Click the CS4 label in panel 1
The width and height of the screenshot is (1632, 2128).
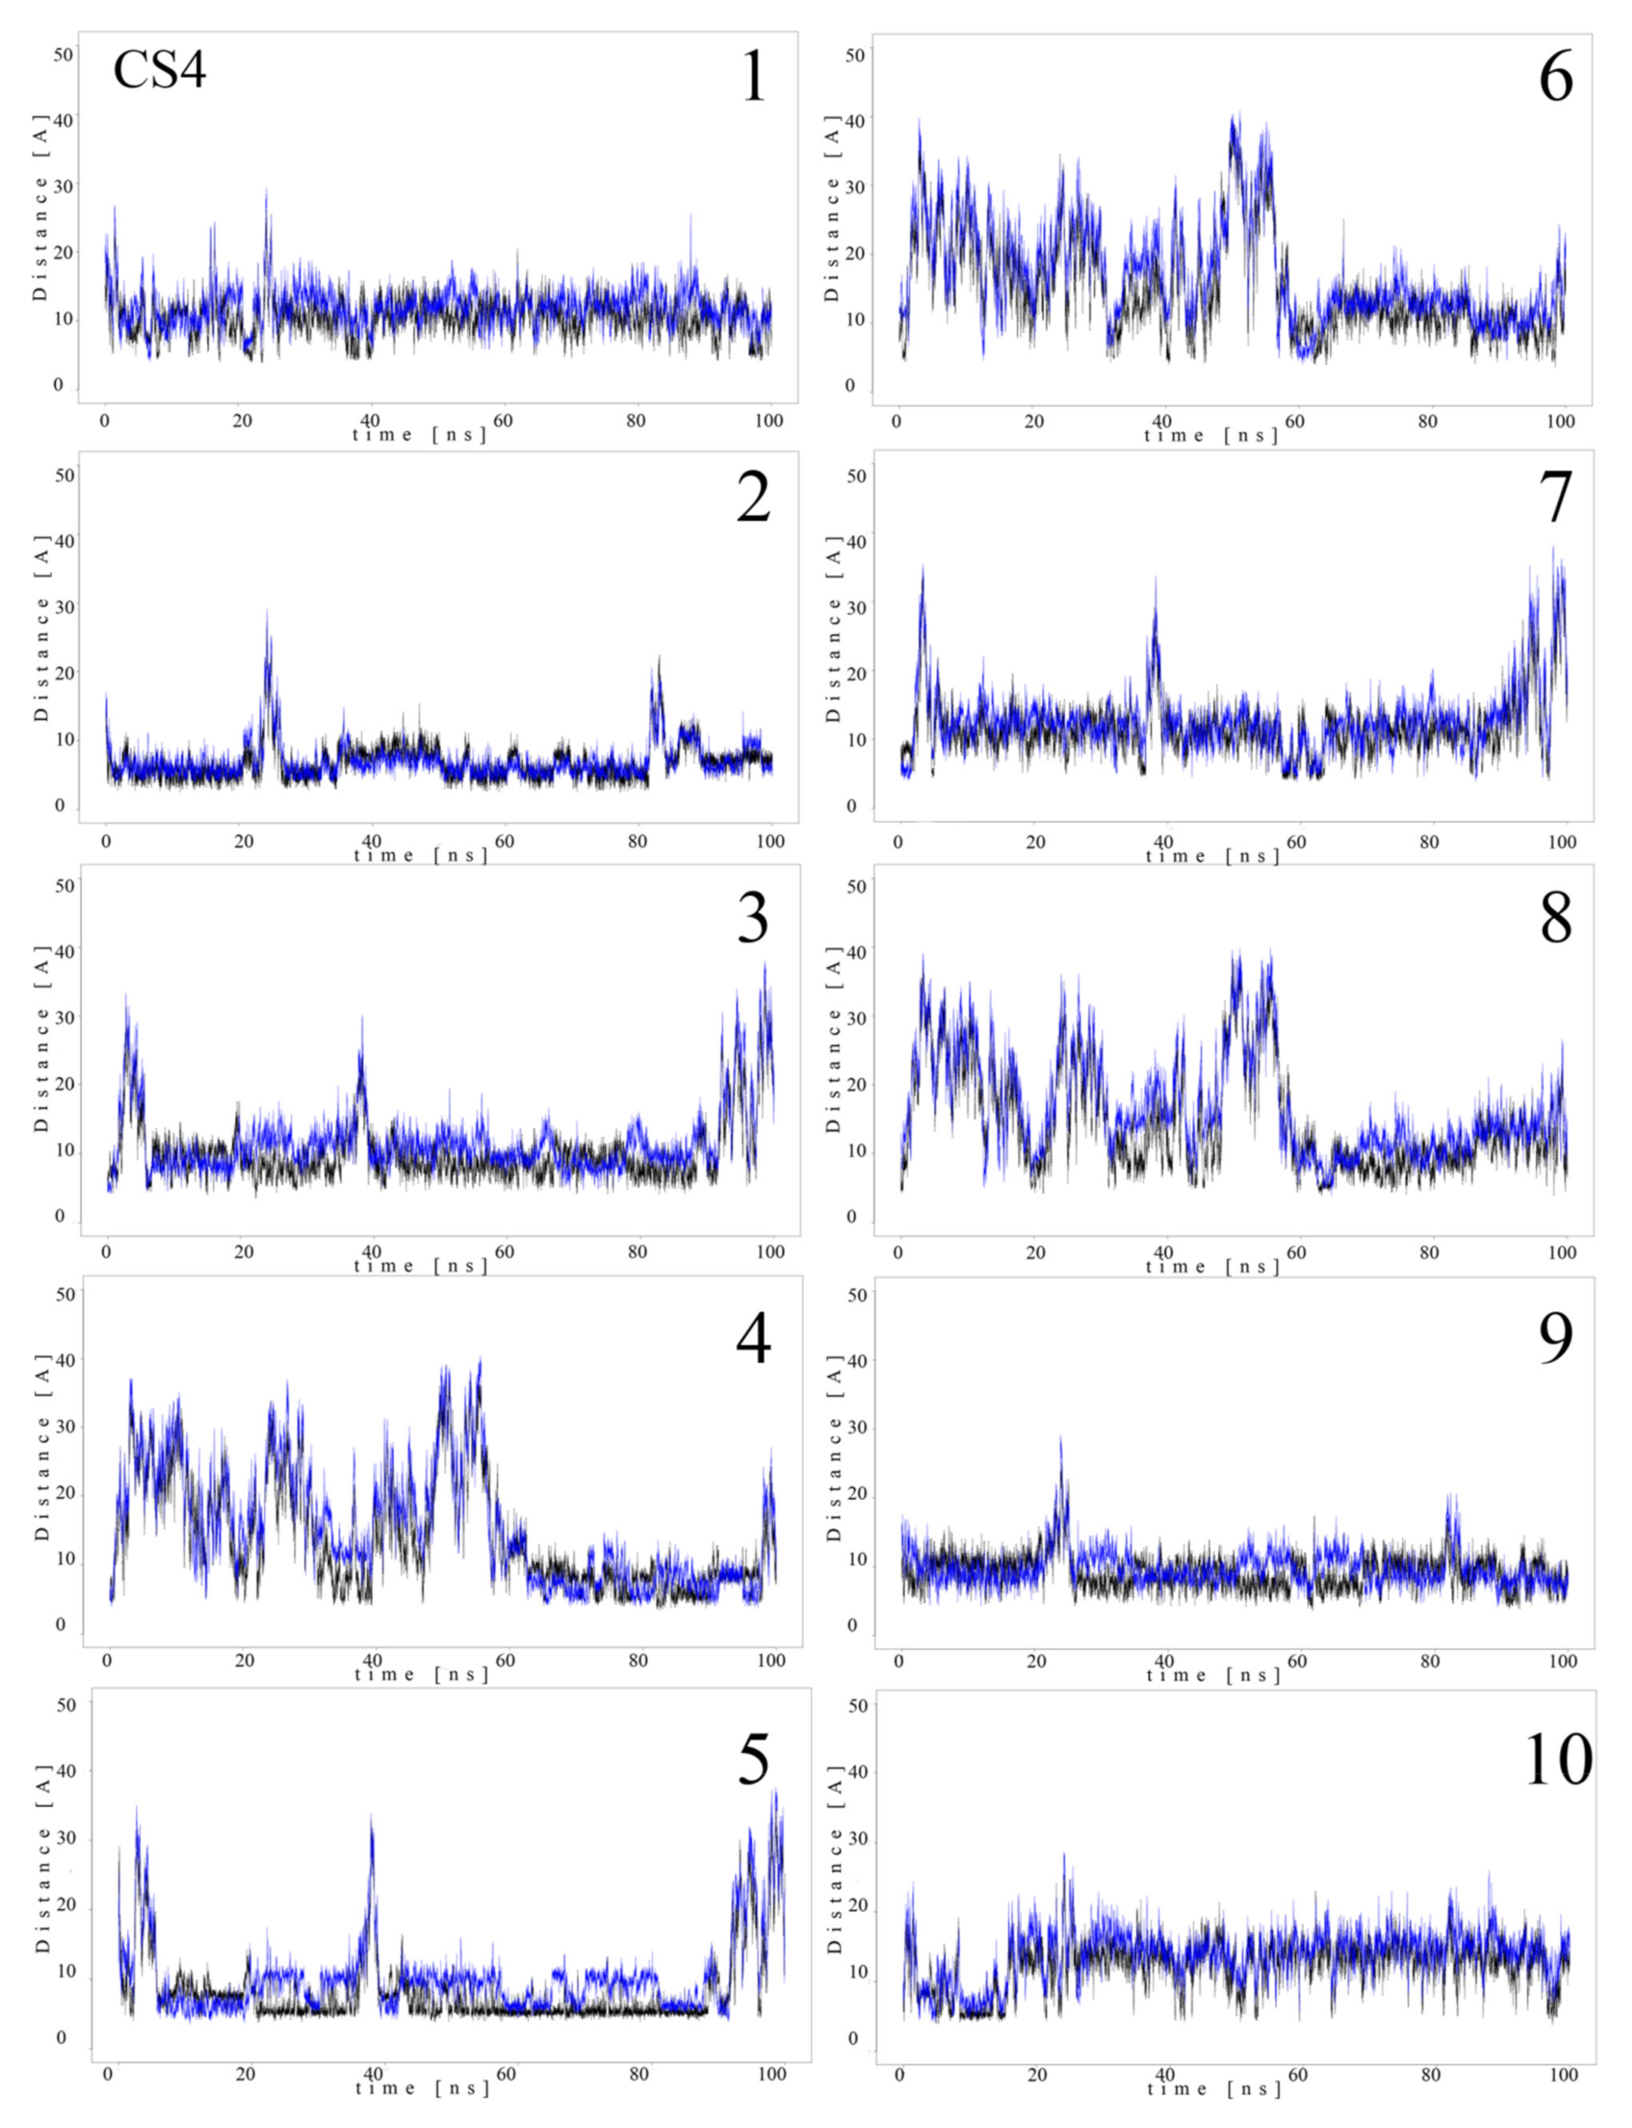pos(159,72)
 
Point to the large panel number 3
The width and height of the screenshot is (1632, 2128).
pos(753,918)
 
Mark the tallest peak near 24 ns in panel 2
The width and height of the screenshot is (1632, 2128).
pos(266,612)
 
